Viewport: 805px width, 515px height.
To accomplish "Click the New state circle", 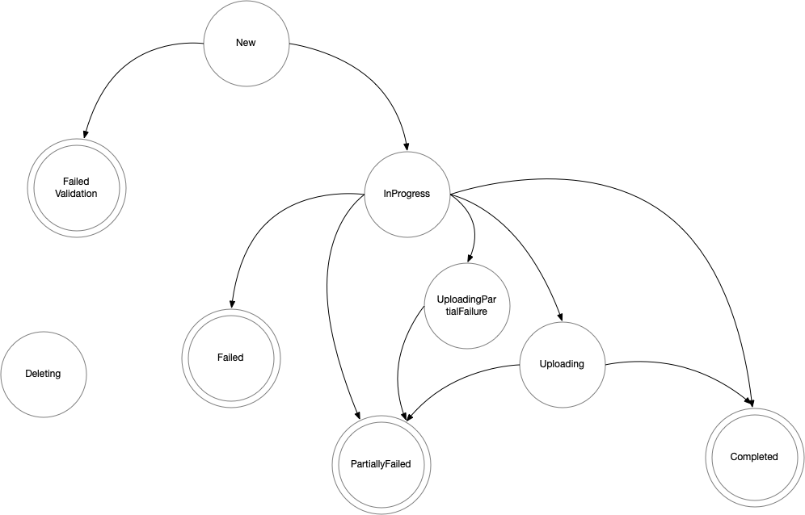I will click(x=245, y=43).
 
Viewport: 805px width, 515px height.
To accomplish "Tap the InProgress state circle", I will click(x=407, y=194).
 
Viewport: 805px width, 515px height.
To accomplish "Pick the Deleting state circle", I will click(x=43, y=374).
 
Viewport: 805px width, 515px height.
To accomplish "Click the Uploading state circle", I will click(x=561, y=364).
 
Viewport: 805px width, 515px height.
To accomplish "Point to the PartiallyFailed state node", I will click(x=381, y=464).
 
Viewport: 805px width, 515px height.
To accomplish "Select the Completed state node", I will click(x=753, y=457).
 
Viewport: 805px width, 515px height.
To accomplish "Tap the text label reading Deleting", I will click(x=43, y=374).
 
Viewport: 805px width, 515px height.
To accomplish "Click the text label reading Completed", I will click(x=753, y=457).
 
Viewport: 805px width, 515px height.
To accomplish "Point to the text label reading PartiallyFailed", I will click(x=381, y=464).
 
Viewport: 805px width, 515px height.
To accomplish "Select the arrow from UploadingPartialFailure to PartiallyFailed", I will click(x=402, y=355).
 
